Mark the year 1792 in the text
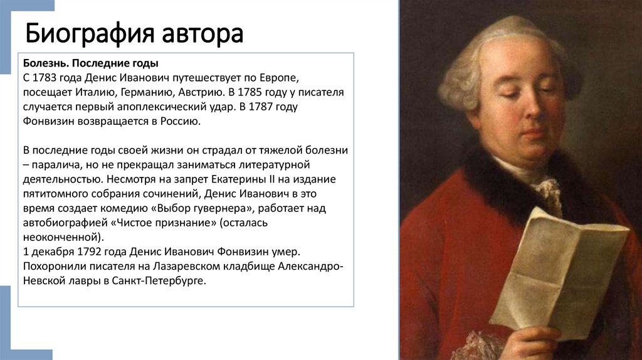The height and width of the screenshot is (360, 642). (x=86, y=251)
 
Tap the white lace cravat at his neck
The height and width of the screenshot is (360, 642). (x=549, y=191)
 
